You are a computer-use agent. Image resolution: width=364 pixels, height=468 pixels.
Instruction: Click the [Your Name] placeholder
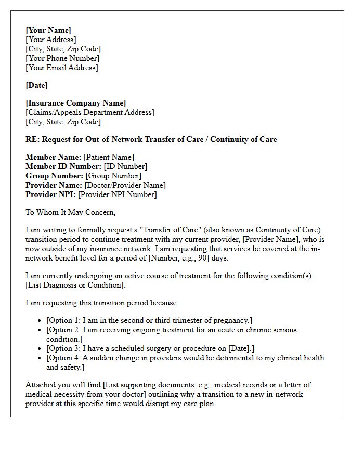click(48, 30)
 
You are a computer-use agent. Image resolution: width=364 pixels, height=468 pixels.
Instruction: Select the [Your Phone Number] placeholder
click(62, 58)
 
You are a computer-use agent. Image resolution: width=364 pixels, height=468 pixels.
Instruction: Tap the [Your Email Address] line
click(62, 68)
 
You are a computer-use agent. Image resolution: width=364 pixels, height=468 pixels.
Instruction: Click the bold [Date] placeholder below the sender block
click(36, 85)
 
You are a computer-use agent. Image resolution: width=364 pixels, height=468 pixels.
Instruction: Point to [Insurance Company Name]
click(76, 103)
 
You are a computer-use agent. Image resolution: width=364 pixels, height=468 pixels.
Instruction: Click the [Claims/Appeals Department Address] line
click(90, 112)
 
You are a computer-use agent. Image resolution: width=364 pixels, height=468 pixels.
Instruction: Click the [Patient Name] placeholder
click(109, 157)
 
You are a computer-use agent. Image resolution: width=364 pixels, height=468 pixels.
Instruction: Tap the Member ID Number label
click(63, 166)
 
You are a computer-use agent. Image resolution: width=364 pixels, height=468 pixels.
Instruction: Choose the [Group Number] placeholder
click(113, 176)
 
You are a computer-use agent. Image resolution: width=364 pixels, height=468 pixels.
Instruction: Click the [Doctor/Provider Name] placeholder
click(125, 185)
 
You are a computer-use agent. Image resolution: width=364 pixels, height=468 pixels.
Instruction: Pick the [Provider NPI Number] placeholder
click(117, 194)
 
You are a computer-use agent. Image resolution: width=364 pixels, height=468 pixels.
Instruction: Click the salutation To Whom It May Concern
click(71, 212)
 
